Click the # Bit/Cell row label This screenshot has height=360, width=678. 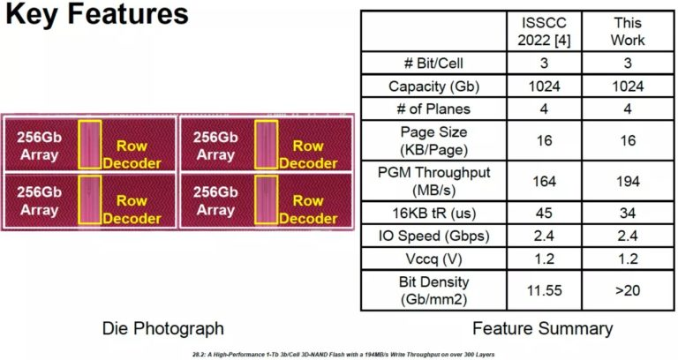[x=433, y=64]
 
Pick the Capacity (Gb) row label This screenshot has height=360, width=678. [x=433, y=86]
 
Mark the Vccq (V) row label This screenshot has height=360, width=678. [x=433, y=259]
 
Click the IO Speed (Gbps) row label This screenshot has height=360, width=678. [x=433, y=236]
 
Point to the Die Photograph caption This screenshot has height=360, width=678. [x=163, y=329]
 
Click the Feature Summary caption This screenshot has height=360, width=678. [x=542, y=329]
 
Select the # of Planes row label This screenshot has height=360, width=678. [x=433, y=109]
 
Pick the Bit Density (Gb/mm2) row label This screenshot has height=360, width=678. [x=433, y=289]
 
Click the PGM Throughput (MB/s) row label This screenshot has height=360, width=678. [x=433, y=180]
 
